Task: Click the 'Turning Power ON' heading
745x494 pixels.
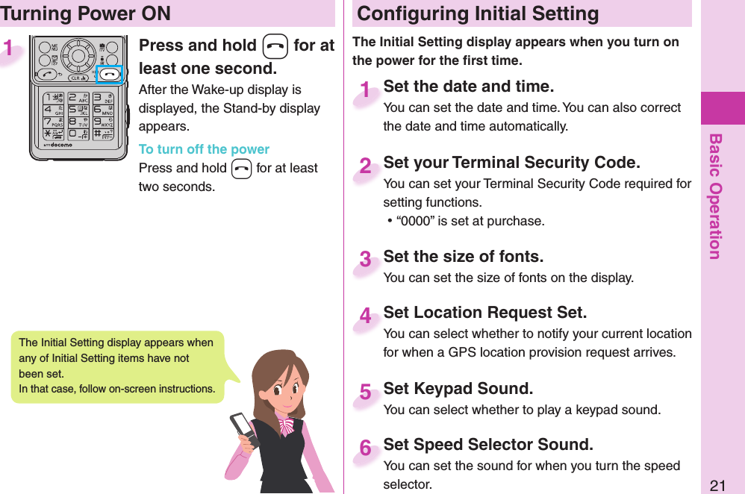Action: (86, 13)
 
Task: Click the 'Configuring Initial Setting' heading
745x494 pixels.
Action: (478, 13)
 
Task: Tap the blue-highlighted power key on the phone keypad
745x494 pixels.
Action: (109, 75)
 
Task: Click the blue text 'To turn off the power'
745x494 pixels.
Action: (204, 149)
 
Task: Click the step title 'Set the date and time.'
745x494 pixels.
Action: (468, 87)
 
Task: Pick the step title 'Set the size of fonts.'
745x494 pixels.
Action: (463, 257)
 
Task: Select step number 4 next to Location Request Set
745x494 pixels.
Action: (365, 316)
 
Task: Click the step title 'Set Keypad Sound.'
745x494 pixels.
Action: (458, 389)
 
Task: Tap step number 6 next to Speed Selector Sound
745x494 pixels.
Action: (365, 448)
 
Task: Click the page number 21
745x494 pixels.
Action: (717, 486)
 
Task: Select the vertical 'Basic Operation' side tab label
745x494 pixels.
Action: (715, 196)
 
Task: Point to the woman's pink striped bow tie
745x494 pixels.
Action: (287, 425)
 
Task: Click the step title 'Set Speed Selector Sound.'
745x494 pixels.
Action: (488, 445)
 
